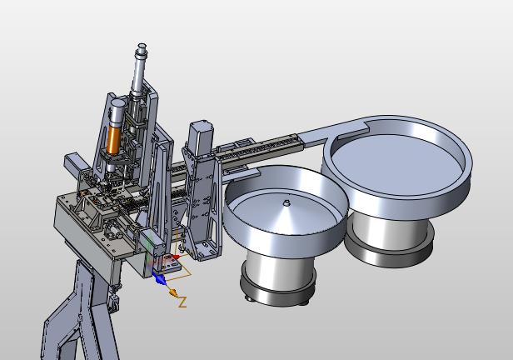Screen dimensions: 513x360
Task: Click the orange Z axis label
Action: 182,302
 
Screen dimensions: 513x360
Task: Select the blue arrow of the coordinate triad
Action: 159,279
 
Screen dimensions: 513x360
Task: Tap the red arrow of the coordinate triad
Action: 177,257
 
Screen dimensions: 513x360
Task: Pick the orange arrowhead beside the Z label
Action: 174,292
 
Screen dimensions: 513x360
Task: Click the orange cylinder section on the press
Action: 114,140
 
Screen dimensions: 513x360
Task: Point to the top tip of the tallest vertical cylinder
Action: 142,44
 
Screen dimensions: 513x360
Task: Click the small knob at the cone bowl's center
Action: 286,202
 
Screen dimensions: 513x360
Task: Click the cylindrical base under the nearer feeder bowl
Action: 279,269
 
